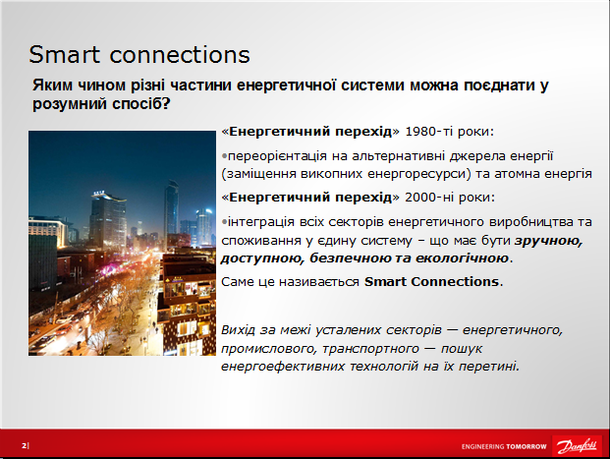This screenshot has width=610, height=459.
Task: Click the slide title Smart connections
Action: tap(139, 54)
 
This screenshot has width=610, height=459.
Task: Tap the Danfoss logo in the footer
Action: tap(577, 446)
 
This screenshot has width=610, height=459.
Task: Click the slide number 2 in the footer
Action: tap(25, 445)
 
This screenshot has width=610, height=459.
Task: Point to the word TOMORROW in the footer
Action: tap(527, 446)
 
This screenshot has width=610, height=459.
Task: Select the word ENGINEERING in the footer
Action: tap(482, 446)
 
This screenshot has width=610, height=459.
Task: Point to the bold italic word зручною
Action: tap(548, 241)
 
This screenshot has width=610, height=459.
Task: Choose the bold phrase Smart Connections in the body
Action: tap(431, 281)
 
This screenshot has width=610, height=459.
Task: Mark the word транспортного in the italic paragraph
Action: tap(370, 349)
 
